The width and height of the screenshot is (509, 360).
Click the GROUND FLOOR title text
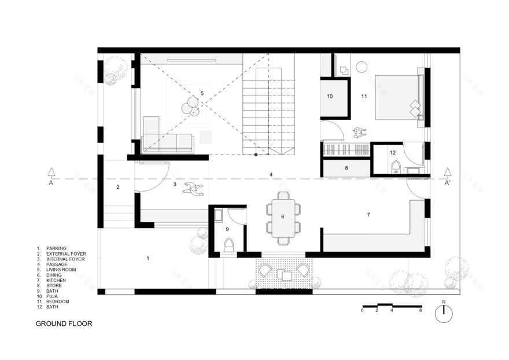pyautogui.click(x=64, y=324)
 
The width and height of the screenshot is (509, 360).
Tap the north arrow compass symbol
pyautogui.click(x=444, y=313)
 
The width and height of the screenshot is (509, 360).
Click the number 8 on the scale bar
pyautogui.click(x=421, y=311)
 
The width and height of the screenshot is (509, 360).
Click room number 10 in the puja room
pyautogui.click(x=330, y=97)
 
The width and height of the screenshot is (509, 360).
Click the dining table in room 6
pyautogui.click(x=283, y=216)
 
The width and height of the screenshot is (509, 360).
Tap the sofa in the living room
pyautogui.click(x=168, y=142)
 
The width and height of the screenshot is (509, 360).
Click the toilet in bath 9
pyautogui.click(x=228, y=245)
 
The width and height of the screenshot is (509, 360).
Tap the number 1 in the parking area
pyautogui.click(x=148, y=258)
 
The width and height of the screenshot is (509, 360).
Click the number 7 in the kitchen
pyautogui.click(x=368, y=215)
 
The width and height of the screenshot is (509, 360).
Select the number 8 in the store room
pyautogui.click(x=346, y=168)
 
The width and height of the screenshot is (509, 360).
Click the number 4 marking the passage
pyautogui.click(x=270, y=174)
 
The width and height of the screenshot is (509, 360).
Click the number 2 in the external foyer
pyautogui.click(x=118, y=187)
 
